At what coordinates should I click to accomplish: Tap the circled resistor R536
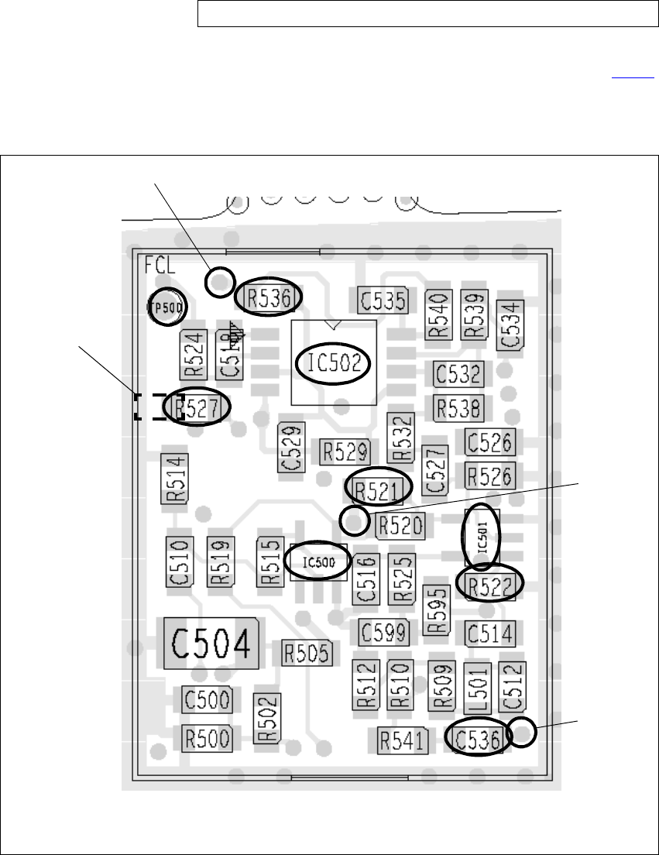click(x=268, y=297)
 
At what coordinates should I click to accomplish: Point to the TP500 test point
click(x=167, y=307)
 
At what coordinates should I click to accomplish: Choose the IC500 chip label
click(x=318, y=561)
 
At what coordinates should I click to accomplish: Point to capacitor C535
click(x=382, y=300)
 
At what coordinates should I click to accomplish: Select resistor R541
click(x=402, y=741)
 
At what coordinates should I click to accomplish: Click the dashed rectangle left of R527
click(x=153, y=407)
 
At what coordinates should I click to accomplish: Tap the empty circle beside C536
click(x=523, y=731)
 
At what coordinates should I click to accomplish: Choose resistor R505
click(x=307, y=653)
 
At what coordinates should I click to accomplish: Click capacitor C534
click(x=511, y=324)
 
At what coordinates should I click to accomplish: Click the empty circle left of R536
click(x=220, y=281)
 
